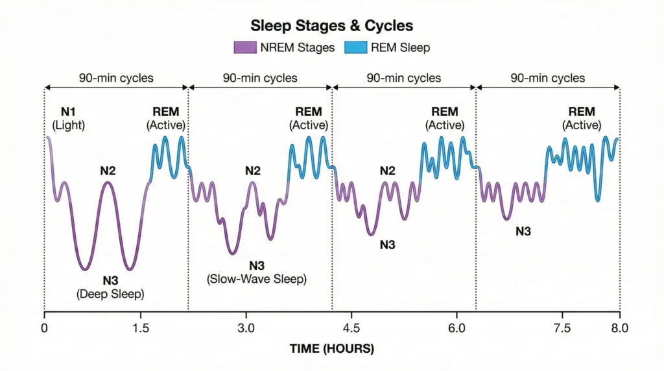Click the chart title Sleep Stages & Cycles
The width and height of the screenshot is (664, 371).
(x=331, y=26)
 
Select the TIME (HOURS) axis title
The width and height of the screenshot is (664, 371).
(x=331, y=349)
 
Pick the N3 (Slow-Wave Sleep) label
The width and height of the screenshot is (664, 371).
(x=257, y=272)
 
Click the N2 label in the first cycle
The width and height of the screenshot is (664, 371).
(x=108, y=171)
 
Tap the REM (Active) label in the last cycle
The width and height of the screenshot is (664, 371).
(x=581, y=119)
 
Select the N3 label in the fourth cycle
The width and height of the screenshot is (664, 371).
(x=523, y=230)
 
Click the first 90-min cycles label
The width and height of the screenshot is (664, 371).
(x=116, y=78)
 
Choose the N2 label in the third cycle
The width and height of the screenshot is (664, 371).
(x=387, y=171)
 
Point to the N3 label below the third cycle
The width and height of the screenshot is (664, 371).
(x=387, y=245)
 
